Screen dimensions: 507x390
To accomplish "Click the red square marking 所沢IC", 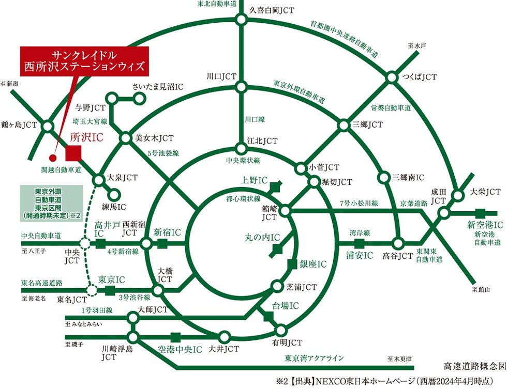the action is click(x=73, y=153).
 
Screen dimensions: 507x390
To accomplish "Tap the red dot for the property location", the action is click(x=53, y=158).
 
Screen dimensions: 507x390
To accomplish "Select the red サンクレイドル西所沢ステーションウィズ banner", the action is click(x=84, y=61).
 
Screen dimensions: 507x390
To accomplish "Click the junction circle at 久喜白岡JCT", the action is click(x=241, y=20).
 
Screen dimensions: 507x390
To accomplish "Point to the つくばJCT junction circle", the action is click(x=392, y=77).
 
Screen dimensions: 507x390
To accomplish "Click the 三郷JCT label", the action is click(x=368, y=124).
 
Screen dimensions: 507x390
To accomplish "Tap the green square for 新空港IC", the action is click(x=481, y=213).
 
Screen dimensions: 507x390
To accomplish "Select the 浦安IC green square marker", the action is click(x=359, y=244).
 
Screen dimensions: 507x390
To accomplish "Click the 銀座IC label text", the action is click(x=314, y=264).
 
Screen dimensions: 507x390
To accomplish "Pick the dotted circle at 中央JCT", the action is click(x=85, y=243).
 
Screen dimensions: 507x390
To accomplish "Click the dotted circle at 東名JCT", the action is click(x=92, y=290).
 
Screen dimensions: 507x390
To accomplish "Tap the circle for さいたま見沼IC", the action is click(x=139, y=98).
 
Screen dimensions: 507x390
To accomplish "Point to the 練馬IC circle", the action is click(x=114, y=195).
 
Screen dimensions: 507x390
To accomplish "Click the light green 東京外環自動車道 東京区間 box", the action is click(x=51, y=204).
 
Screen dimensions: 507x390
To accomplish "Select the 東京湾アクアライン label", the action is click(x=314, y=358).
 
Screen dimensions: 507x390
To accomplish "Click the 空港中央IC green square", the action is click(x=175, y=338).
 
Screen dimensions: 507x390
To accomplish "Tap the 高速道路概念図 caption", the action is click(x=474, y=366).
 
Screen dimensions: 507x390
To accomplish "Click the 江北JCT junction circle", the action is click(x=241, y=149).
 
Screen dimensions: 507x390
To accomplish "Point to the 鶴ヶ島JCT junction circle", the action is click(x=48, y=126).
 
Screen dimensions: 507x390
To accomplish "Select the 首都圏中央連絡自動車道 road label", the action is click(x=344, y=39).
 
